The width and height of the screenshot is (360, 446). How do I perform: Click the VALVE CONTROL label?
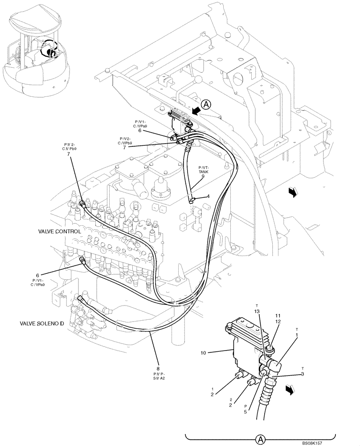[60, 231]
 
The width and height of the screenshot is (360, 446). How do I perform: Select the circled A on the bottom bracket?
[259, 439]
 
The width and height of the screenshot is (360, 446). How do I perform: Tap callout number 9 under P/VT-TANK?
[203, 176]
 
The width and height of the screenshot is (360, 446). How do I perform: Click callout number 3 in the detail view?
[303, 374]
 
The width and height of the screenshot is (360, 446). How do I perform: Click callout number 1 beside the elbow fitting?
[297, 334]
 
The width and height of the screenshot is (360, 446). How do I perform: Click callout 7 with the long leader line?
[69, 154]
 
